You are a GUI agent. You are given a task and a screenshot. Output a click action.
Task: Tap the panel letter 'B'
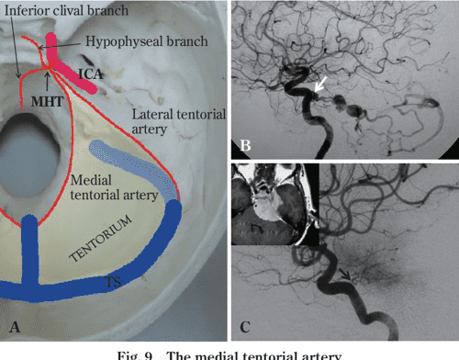pos(245,143)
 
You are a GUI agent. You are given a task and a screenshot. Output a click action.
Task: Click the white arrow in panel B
pos(319,85)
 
